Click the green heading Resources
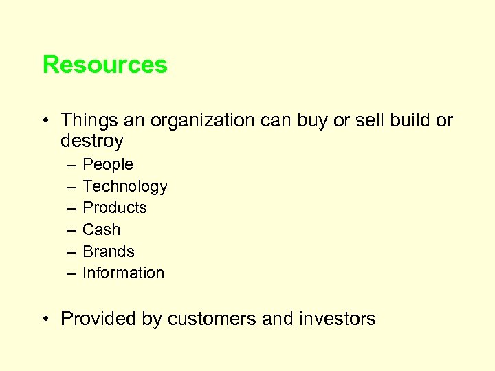104,65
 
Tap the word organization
203,121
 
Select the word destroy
92,142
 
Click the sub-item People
107,165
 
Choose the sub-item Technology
124,187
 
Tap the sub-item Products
114,208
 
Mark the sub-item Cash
101,229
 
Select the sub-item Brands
108,251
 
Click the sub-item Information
123,273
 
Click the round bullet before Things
46,122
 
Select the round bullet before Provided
46,319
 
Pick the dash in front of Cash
71,230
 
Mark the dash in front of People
71,166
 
